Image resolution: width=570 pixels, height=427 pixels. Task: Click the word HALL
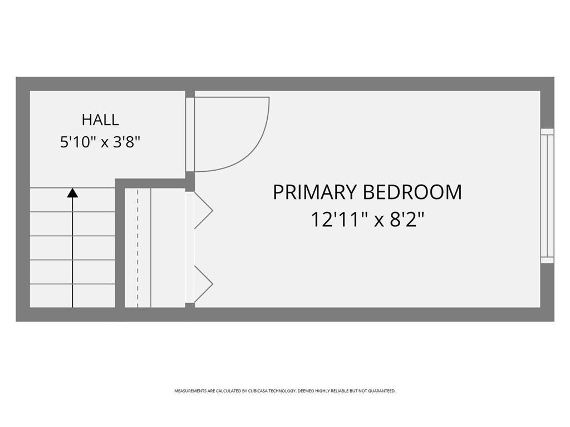(100, 120)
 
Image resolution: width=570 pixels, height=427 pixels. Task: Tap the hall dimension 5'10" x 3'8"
(100, 142)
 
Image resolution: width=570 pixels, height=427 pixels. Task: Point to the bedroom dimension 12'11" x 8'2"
(367, 220)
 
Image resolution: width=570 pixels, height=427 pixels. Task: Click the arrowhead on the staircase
(72, 193)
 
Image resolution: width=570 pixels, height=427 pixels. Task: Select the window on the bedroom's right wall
(547, 196)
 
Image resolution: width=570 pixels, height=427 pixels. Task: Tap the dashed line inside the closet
(137, 247)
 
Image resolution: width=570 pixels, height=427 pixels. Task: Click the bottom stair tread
(72, 296)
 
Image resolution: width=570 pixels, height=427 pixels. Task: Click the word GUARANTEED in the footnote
(382, 391)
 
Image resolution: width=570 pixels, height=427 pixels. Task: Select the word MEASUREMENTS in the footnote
(190, 391)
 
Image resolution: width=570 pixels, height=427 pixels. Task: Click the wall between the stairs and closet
(120, 247)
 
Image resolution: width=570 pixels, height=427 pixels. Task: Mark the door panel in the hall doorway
(190, 135)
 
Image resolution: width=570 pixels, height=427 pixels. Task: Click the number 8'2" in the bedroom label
(407, 220)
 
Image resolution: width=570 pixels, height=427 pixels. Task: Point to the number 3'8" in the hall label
(126, 142)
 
